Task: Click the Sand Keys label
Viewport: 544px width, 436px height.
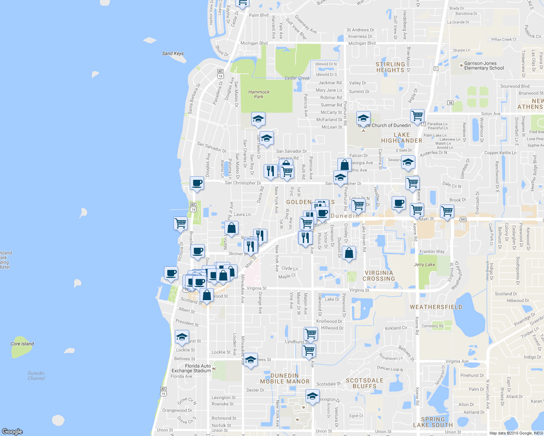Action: point(173,53)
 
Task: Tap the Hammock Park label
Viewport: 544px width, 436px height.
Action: point(259,94)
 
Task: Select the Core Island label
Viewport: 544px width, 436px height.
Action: point(22,344)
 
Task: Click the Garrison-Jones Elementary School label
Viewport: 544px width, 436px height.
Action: point(484,66)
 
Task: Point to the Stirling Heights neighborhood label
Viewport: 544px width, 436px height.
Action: point(390,67)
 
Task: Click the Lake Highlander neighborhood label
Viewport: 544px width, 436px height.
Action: point(401,138)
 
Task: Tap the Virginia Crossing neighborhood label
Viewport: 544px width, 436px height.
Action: point(379,276)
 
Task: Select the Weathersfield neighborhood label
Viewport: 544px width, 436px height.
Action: point(436,307)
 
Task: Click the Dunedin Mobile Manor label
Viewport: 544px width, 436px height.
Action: point(285,379)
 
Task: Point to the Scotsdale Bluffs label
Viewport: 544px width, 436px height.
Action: point(364,383)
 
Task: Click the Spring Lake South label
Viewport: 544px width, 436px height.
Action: point(433,422)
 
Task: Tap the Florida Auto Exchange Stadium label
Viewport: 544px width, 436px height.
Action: point(191,368)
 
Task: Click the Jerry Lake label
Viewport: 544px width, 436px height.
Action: point(424,265)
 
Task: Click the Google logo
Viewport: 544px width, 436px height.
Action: point(12,431)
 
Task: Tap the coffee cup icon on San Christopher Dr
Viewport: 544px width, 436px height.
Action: point(197,183)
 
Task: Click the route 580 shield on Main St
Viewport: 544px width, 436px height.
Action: point(463,219)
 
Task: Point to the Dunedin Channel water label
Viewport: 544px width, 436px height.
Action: point(36,376)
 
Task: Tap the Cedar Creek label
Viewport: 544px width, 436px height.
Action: point(297,78)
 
